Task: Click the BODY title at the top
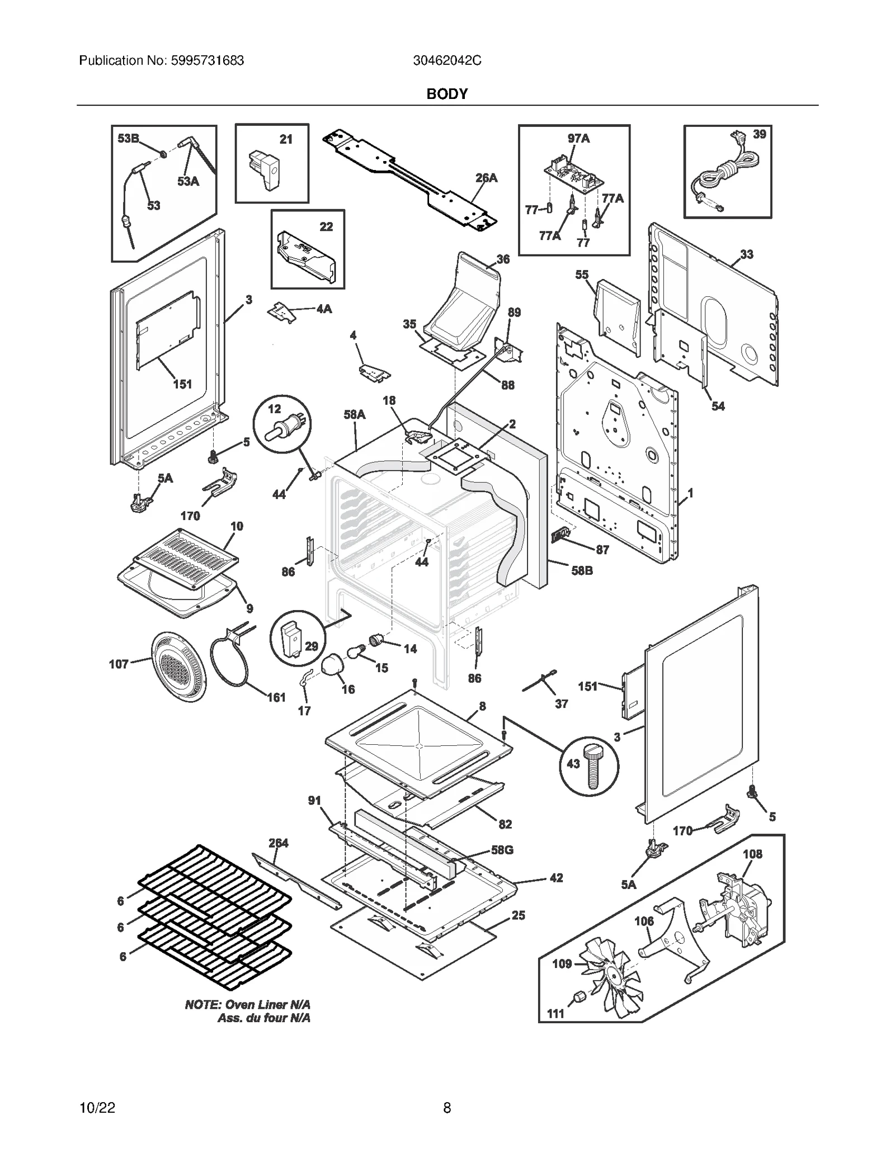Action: (446, 94)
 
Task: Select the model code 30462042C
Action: (447, 61)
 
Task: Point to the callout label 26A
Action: (486, 178)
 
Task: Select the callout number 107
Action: (119, 664)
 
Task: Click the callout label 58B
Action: (581, 570)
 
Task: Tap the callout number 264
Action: (278, 843)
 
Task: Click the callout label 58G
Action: (502, 850)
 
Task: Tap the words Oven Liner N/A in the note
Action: (266, 1005)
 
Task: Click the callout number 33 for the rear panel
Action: (746, 254)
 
